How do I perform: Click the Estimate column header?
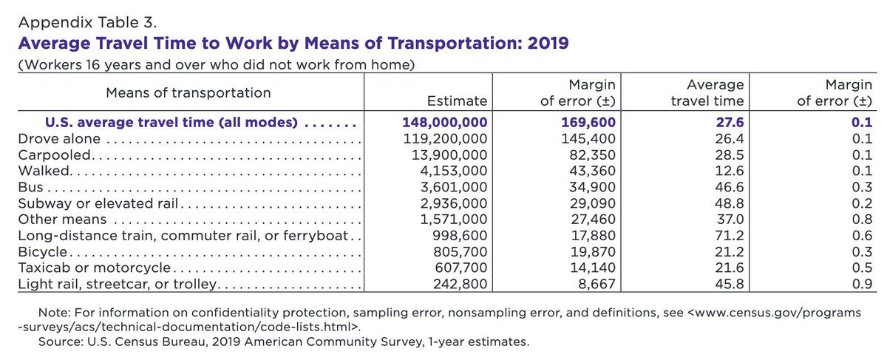click(x=457, y=101)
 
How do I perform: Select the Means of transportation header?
click(x=188, y=92)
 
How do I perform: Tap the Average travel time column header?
click(x=707, y=92)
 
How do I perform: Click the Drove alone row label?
click(x=59, y=139)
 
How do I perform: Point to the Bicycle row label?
click(x=43, y=252)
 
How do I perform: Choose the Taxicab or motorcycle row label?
click(x=95, y=268)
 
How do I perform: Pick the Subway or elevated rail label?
click(x=98, y=203)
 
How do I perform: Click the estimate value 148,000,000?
click(x=445, y=123)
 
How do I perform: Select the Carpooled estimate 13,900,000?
click(x=449, y=154)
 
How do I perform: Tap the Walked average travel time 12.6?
click(x=730, y=171)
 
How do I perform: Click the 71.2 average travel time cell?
click(x=730, y=236)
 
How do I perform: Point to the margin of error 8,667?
click(x=597, y=284)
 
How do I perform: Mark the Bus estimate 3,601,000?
click(x=454, y=187)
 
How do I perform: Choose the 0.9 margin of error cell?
click(x=862, y=284)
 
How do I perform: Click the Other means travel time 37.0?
click(x=730, y=220)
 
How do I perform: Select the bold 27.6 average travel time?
click(x=730, y=123)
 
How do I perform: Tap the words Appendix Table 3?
click(x=87, y=23)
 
